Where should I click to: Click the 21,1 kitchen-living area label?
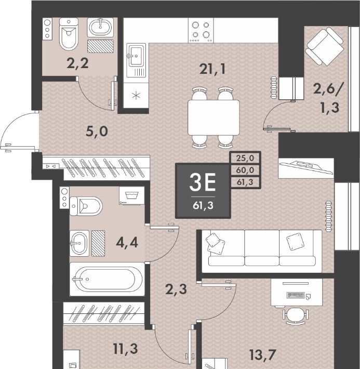click(212, 70)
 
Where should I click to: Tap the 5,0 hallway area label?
click(97, 131)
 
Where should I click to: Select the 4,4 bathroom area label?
click(127, 243)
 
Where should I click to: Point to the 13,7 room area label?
click(262, 355)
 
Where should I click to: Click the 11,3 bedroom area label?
click(125, 349)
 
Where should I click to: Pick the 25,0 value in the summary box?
click(245, 158)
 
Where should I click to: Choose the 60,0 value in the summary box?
click(245, 170)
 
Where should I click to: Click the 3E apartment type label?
click(203, 182)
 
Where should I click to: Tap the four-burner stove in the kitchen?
click(201, 30)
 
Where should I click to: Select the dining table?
click(214, 117)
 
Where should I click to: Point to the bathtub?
click(108, 279)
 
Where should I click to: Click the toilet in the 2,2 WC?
click(69, 34)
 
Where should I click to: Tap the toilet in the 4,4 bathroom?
click(86, 206)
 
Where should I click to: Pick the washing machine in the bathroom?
click(132, 196)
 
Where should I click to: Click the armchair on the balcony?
click(325, 46)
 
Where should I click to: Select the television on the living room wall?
click(306, 167)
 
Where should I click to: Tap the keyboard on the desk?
click(296, 295)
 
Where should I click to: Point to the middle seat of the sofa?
click(262, 248)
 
